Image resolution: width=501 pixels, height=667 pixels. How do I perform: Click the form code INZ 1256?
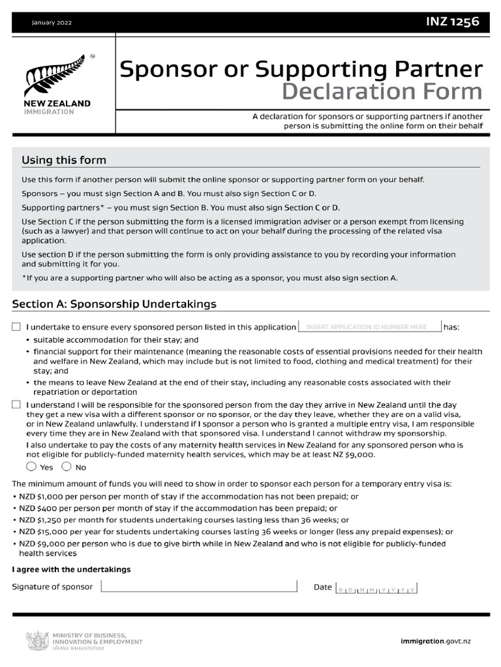tap(452, 22)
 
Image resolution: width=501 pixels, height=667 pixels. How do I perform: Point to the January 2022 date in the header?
tap(52, 23)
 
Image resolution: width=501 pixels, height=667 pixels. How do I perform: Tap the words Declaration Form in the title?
tap(383, 91)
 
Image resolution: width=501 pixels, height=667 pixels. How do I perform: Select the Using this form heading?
tap(64, 160)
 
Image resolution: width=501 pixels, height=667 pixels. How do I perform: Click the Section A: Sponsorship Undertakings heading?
tap(114, 304)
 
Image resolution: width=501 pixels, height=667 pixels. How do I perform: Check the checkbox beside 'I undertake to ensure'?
tap(16, 327)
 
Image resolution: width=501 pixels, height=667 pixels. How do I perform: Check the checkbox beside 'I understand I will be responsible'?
tap(16, 405)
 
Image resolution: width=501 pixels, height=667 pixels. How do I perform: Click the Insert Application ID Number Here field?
tap(370, 327)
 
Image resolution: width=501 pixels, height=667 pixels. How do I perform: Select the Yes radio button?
tap(31, 466)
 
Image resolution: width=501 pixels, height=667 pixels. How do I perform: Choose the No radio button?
tap(67, 466)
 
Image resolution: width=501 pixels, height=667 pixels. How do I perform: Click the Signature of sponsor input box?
tap(199, 587)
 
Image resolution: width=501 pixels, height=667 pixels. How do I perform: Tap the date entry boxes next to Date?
tap(376, 588)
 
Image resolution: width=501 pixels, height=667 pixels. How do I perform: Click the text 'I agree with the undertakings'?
tap(72, 569)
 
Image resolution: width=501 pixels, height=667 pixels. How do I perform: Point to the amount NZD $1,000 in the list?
tap(37, 496)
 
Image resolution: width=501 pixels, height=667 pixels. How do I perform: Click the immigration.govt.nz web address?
tap(436, 642)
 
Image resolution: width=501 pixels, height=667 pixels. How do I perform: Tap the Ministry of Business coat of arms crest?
tap(37, 642)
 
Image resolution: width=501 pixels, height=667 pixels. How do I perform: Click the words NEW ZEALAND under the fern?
tap(57, 104)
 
